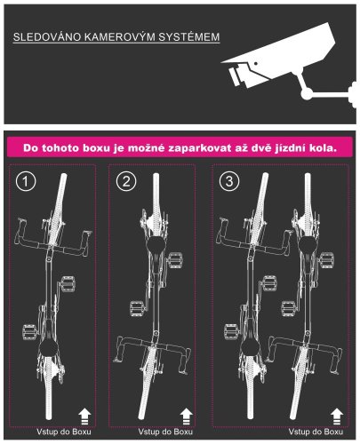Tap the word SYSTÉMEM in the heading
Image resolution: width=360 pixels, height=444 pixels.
point(189,37)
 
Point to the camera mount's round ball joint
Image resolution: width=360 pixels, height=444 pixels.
point(307,93)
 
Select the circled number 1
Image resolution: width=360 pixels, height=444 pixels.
point(26,181)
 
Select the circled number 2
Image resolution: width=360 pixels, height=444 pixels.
point(126,181)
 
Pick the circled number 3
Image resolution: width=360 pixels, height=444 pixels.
point(229,181)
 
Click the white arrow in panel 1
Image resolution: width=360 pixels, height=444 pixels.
point(84,416)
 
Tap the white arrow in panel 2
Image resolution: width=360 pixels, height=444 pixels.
point(187,416)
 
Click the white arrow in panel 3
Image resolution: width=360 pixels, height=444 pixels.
point(337,416)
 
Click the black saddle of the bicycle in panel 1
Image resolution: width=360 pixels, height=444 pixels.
point(49,348)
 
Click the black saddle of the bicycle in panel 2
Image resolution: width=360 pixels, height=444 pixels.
point(156,245)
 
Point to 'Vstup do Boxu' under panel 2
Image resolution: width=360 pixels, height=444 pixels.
point(165,432)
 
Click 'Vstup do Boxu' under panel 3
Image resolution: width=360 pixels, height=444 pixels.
point(316,432)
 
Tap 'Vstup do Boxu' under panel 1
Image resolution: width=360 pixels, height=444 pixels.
point(64,432)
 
